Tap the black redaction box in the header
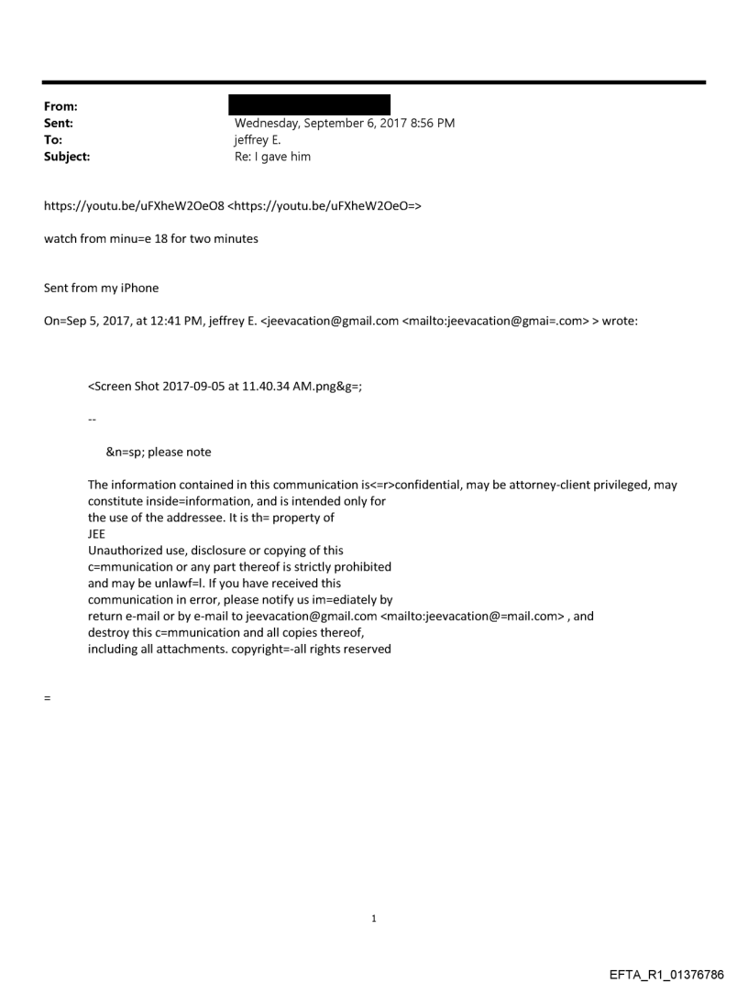coord(312,104)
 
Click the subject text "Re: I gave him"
coord(272,157)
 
